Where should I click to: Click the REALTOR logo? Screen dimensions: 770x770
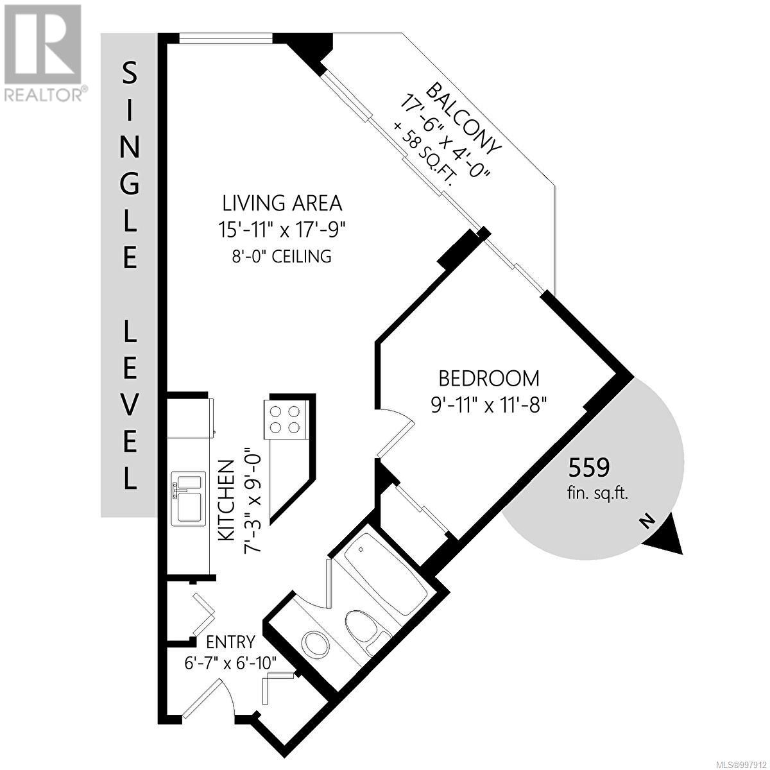point(44,51)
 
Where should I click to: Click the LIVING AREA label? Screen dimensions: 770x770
point(282,203)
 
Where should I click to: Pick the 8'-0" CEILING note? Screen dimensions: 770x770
point(282,257)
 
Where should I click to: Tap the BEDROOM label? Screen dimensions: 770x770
point(488,378)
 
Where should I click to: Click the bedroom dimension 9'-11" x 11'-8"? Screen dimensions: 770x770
point(488,405)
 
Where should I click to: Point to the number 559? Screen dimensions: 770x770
point(588,468)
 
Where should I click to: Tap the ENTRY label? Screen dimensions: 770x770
point(230,642)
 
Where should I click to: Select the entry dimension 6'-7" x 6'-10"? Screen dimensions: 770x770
point(230,663)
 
